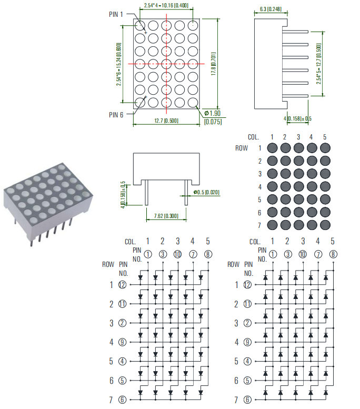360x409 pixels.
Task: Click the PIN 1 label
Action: pyautogui.click(x=116, y=14)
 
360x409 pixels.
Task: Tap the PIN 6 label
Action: pyautogui.click(x=116, y=115)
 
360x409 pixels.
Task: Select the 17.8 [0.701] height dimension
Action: pyautogui.click(x=213, y=63)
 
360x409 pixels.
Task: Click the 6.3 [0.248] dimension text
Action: pyautogui.click(x=271, y=9)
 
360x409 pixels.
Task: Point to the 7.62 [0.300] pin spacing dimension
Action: pyautogui.click(x=166, y=216)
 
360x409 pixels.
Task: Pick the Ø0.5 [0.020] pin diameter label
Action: pyautogui.click(x=206, y=192)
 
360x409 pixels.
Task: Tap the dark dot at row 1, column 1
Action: pyautogui.click(x=273, y=148)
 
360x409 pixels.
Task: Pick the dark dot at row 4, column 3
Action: pyautogui.click(x=298, y=186)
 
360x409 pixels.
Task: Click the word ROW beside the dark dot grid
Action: pyautogui.click(x=242, y=148)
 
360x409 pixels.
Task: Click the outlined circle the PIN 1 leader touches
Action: pyautogui.click(x=141, y=25)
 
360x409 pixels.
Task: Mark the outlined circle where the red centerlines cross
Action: pyautogui.click(x=166, y=64)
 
